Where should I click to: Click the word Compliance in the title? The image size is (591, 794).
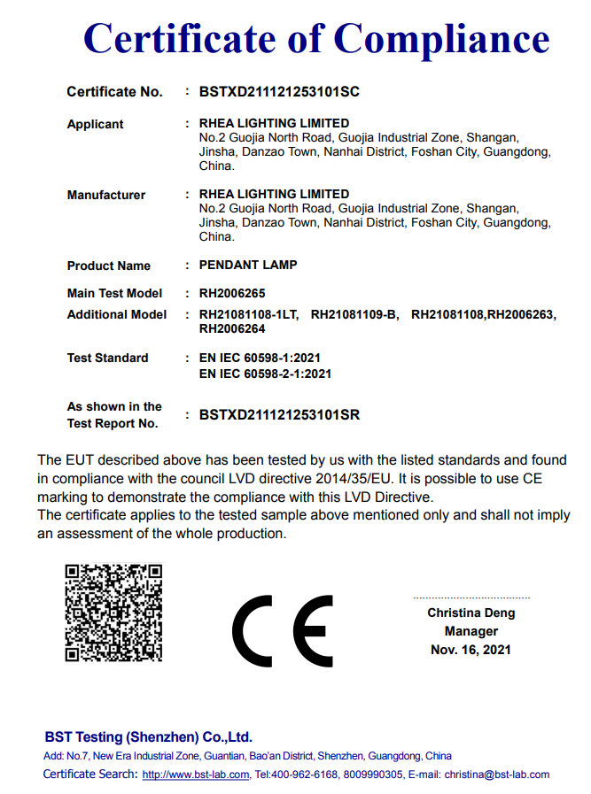[x=441, y=39]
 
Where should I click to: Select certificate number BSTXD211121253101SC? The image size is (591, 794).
[x=279, y=92]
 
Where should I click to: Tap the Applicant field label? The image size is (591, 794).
[x=96, y=125]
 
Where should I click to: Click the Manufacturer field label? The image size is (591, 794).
[x=106, y=196]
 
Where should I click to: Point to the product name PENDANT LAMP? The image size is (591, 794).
[x=248, y=266]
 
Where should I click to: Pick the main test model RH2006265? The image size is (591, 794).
[x=232, y=293]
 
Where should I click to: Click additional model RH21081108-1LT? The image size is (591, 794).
[x=249, y=315]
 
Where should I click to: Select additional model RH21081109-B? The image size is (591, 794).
[x=355, y=315]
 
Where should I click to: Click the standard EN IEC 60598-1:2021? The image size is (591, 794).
[x=260, y=358]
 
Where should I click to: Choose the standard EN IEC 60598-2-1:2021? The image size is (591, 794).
[x=265, y=374]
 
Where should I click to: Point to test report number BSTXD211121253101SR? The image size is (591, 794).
[x=279, y=414]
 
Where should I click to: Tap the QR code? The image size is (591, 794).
[x=113, y=613]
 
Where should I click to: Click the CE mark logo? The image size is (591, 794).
[x=283, y=630]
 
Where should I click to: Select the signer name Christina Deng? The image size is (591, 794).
[x=470, y=613]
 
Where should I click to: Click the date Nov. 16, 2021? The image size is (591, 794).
[x=470, y=651]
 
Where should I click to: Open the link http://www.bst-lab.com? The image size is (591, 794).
[x=196, y=775]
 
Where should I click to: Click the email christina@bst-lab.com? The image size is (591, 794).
[x=496, y=775]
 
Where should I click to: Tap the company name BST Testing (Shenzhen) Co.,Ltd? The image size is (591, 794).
[x=149, y=737]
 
